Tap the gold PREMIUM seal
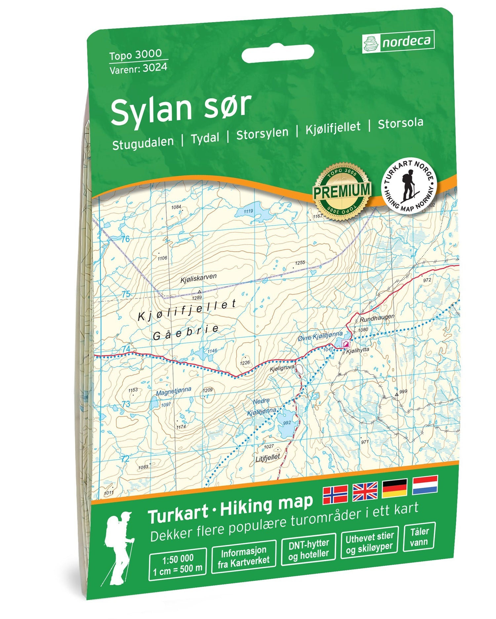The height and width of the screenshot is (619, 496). [342, 191]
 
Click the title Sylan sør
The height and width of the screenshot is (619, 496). [180, 107]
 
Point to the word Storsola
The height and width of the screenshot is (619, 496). [400, 123]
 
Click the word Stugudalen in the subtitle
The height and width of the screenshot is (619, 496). [143, 143]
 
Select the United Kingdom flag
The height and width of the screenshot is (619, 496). [365, 491]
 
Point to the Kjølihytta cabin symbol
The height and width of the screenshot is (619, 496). [346, 344]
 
